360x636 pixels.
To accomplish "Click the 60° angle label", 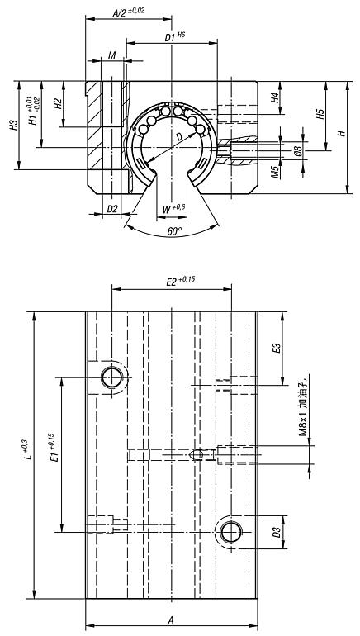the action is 175,231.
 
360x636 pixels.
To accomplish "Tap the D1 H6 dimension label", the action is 175,37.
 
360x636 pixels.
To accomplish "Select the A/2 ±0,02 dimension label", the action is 128,12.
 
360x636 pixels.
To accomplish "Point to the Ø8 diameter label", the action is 298,150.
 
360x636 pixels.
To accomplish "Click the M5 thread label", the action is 275,172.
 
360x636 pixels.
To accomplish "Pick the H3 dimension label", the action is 14,125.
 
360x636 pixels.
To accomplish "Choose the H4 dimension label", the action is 275,97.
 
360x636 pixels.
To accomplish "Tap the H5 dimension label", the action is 320,114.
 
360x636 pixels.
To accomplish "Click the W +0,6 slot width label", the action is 174,209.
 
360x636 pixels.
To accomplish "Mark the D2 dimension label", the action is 112,209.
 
